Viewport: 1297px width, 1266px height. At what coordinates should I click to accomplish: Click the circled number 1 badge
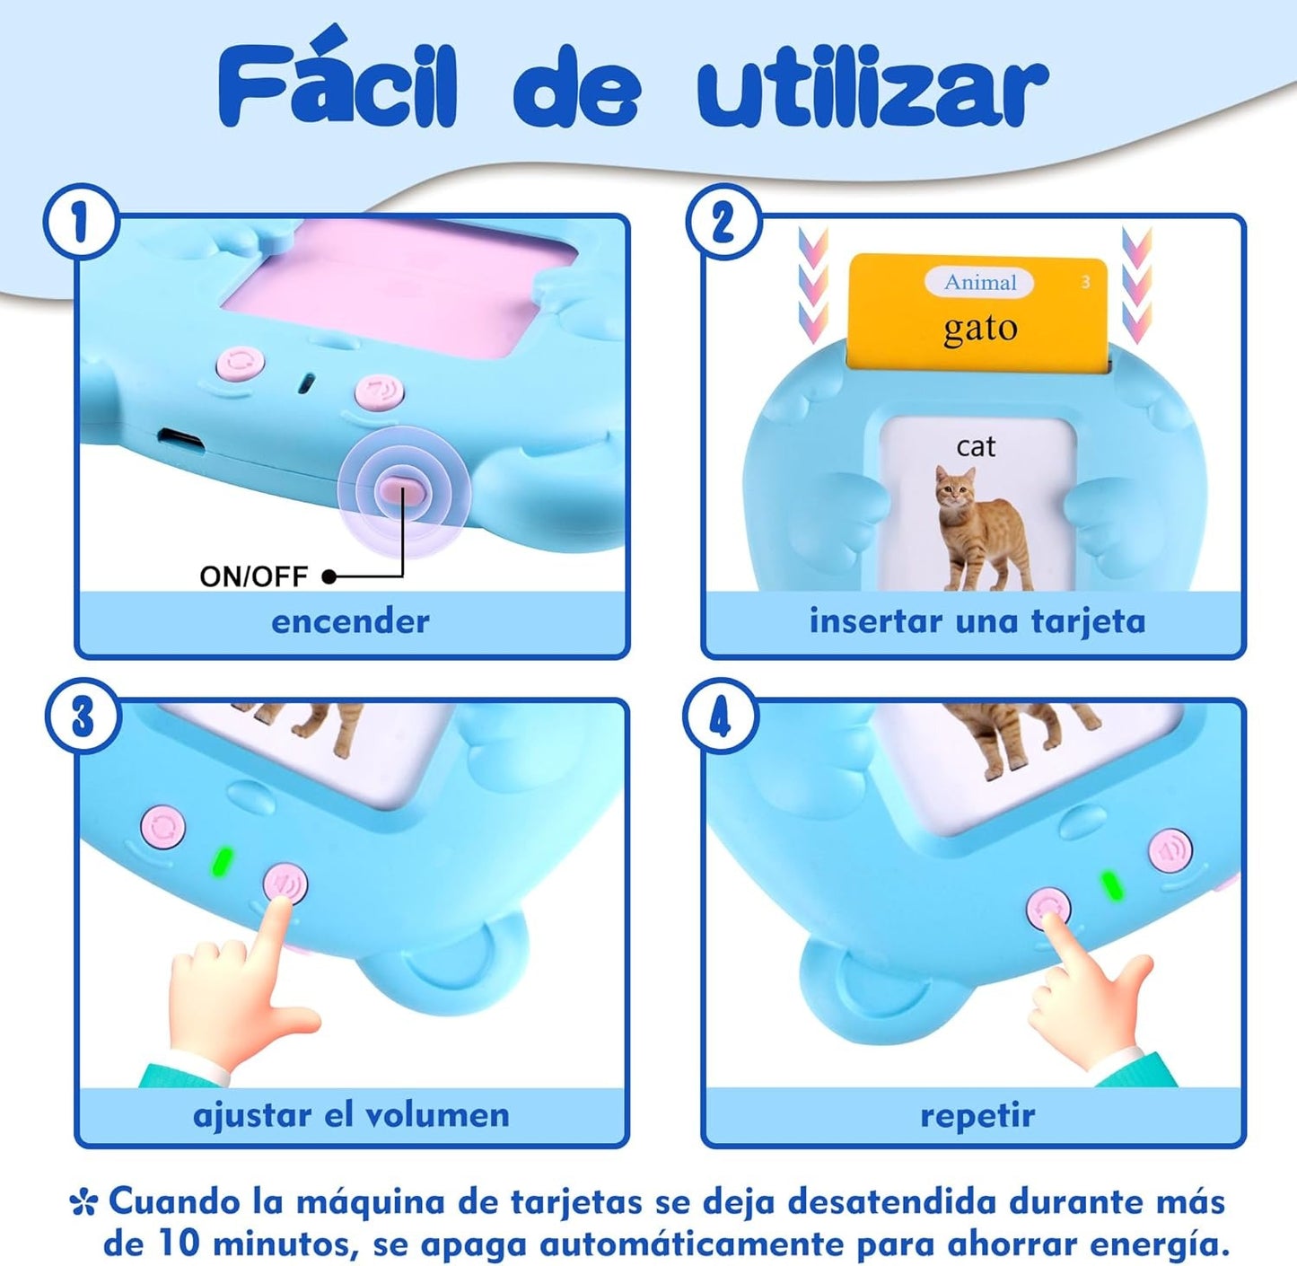tap(82, 222)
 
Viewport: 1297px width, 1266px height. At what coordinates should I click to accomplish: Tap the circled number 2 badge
tap(723, 222)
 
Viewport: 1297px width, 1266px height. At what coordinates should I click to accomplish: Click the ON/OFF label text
tap(253, 576)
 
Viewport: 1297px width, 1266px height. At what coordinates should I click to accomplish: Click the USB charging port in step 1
tap(180, 441)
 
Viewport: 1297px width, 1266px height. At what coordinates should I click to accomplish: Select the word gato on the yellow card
tap(980, 330)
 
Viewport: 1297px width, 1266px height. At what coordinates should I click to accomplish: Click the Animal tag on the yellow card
tap(979, 283)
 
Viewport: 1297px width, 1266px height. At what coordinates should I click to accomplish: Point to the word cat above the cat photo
tap(976, 446)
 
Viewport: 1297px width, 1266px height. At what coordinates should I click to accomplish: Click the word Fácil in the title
tap(337, 85)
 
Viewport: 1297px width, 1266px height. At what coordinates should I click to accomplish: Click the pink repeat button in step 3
tap(162, 827)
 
